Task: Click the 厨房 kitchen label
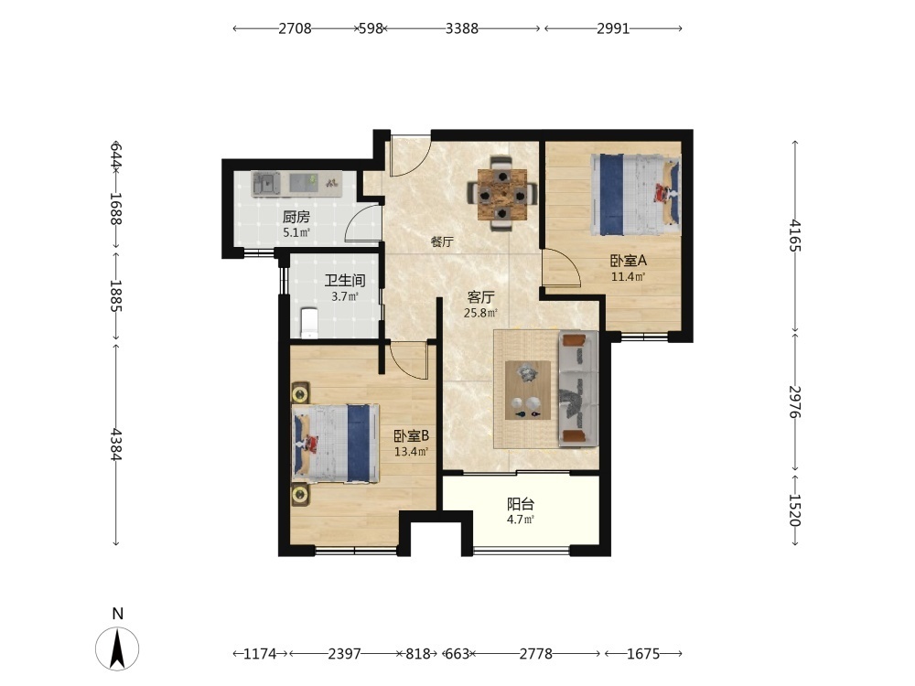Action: click(296, 218)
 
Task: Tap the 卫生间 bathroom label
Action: click(345, 281)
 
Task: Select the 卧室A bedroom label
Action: click(629, 261)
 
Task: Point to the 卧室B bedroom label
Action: click(412, 435)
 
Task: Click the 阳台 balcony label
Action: click(521, 504)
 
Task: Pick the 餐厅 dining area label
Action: click(442, 241)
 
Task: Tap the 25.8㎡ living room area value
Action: click(480, 313)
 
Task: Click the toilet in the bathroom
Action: click(308, 323)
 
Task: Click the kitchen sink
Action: click(266, 184)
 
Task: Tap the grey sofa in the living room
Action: click(578, 389)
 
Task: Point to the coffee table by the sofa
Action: click(528, 390)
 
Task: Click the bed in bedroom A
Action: click(636, 194)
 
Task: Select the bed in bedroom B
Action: click(336, 444)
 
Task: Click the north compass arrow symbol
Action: click(117, 648)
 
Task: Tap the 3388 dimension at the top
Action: click(461, 28)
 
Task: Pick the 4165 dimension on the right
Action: click(795, 235)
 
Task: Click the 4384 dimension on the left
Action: click(116, 445)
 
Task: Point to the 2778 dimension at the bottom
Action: click(535, 654)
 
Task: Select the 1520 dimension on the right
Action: click(795, 509)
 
